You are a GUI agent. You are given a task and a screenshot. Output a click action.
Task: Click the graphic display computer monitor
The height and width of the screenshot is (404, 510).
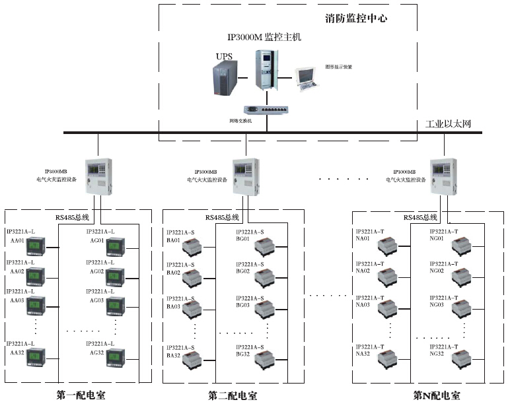point(307,77)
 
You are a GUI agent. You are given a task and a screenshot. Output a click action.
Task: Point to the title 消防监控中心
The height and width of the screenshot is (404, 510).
point(357,18)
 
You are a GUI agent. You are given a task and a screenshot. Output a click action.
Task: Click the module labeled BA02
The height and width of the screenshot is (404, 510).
point(193,278)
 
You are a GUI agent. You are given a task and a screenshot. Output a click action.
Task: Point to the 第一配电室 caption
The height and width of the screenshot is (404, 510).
point(80,395)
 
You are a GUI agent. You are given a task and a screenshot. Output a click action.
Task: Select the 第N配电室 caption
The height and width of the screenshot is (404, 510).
point(437,395)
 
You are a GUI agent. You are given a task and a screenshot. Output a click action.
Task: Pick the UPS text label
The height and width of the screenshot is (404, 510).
point(224,57)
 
